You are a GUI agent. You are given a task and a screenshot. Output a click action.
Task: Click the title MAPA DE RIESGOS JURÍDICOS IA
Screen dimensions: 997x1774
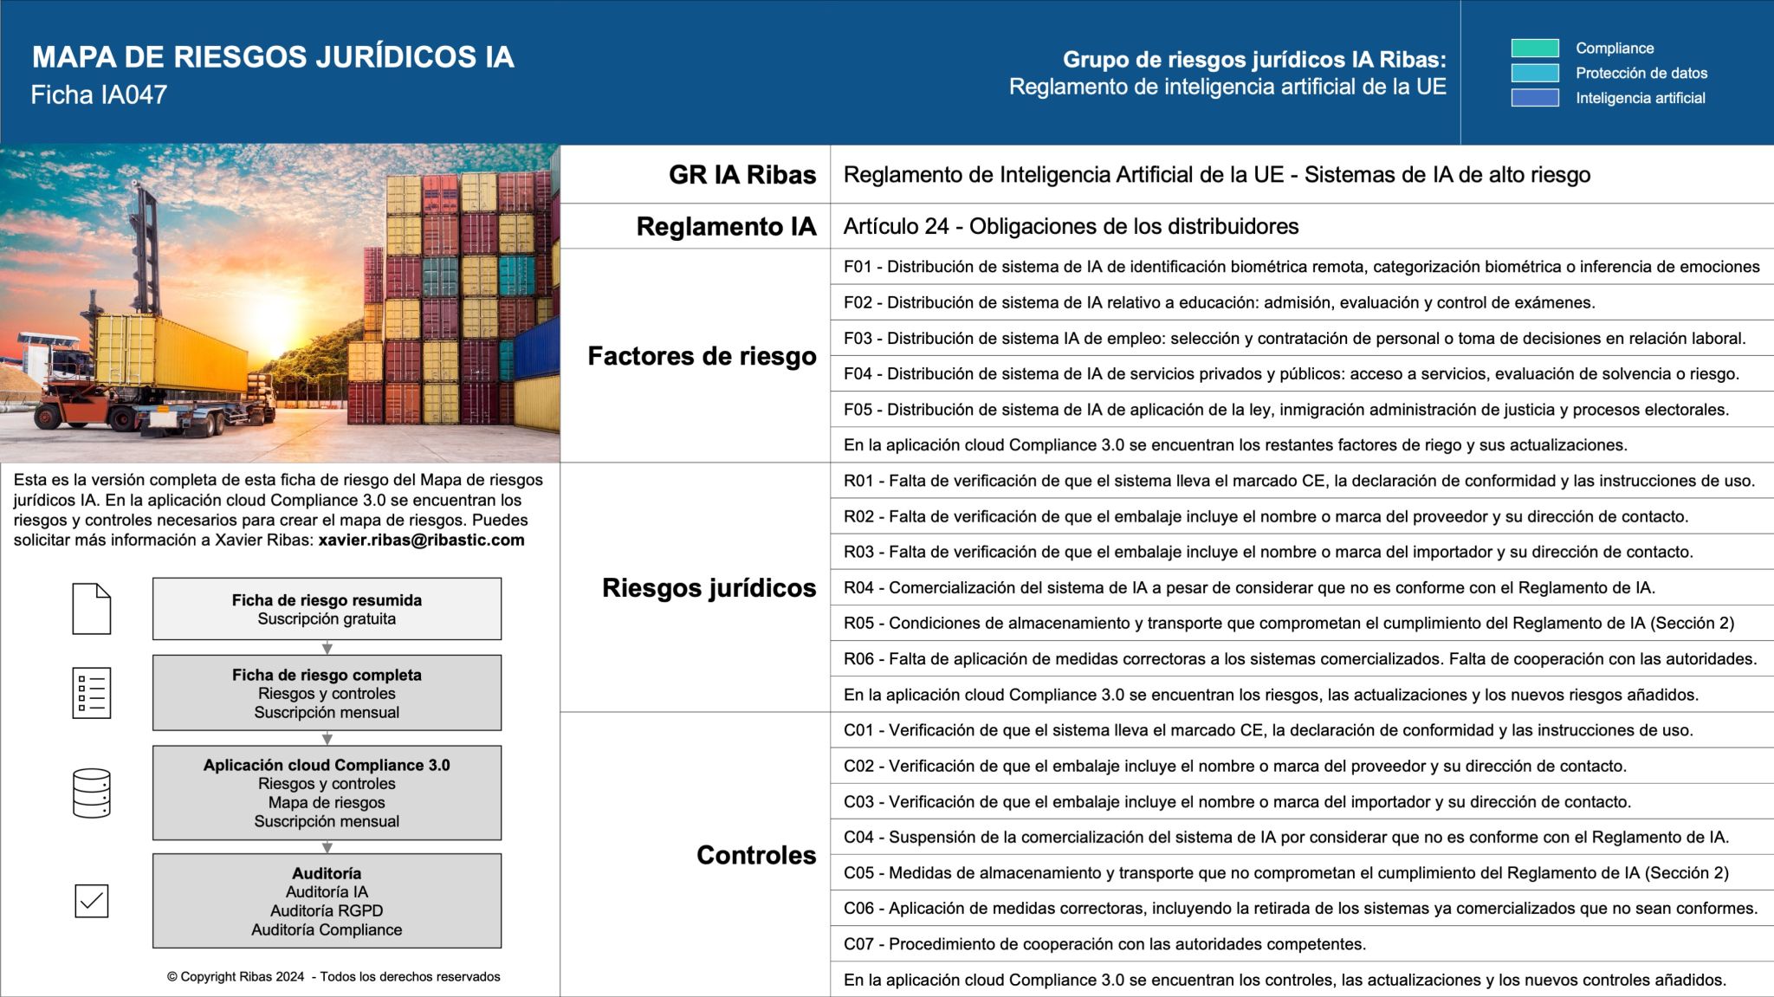click(x=273, y=57)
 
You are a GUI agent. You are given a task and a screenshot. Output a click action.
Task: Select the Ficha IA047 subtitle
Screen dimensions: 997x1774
click(x=99, y=94)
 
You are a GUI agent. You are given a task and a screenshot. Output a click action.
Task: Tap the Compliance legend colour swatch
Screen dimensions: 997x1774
click(x=1534, y=49)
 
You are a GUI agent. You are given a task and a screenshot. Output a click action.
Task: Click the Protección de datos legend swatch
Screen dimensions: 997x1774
click(x=1534, y=73)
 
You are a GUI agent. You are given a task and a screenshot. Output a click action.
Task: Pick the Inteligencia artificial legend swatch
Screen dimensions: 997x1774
click(x=1534, y=98)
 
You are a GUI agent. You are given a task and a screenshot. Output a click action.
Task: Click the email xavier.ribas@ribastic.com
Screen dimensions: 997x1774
click(x=421, y=541)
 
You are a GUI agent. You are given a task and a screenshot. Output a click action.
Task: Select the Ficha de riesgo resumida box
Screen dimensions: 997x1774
click(x=327, y=609)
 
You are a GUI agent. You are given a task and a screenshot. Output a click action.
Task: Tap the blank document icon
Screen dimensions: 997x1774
click(x=91, y=609)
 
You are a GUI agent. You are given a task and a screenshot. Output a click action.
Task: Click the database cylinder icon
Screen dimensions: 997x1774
click(x=91, y=793)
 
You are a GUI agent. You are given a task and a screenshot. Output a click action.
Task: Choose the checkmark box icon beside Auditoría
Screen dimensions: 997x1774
click(x=91, y=901)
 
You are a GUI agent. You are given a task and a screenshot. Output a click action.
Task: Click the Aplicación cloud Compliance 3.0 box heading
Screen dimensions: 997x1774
click(x=327, y=765)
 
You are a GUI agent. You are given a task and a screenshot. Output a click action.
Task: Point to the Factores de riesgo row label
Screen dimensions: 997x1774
click(x=702, y=356)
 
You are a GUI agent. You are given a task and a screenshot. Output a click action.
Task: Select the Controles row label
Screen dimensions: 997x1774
click(x=755, y=855)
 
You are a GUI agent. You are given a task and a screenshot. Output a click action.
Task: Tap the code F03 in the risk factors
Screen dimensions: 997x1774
click(x=858, y=339)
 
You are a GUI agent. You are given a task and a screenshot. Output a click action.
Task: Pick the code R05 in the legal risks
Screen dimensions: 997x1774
click(x=859, y=624)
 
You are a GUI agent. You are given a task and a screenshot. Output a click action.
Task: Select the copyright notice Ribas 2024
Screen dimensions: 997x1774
click(x=333, y=977)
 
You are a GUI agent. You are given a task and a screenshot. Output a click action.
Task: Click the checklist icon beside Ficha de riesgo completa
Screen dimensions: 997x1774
click(x=91, y=693)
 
